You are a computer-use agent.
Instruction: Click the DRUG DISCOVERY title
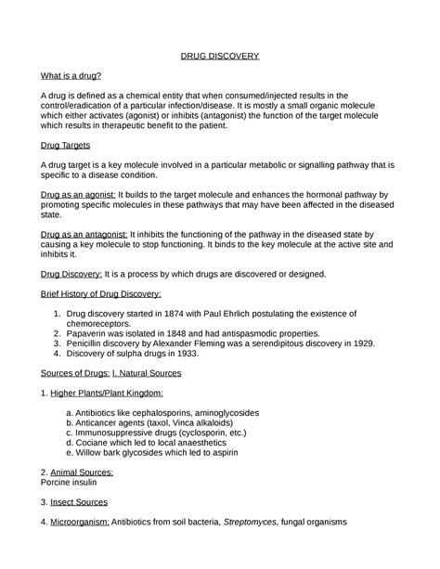coord(219,57)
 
